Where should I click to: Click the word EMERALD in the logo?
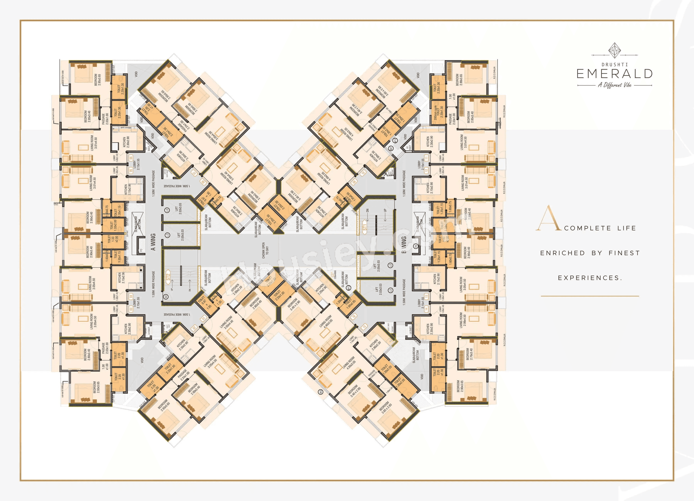click(x=614, y=74)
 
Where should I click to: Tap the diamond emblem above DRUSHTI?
click(x=614, y=50)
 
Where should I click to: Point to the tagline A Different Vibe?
click(x=614, y=85)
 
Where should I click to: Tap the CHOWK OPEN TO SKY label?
click(x=265, y=251)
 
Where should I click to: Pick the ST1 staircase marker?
click(x=364, y=227)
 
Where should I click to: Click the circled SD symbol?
click(x=166, y=297)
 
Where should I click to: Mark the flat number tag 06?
click(x=131, y=158)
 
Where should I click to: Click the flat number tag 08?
click(x=203, y=182)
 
